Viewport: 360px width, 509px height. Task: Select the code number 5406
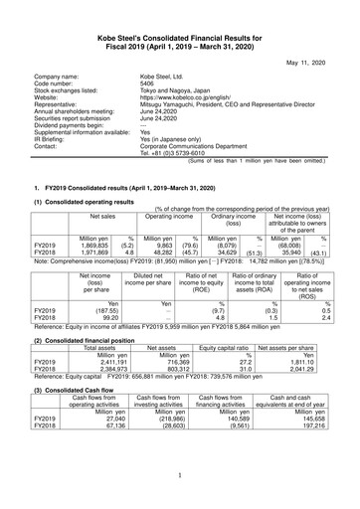tap(149, 85)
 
